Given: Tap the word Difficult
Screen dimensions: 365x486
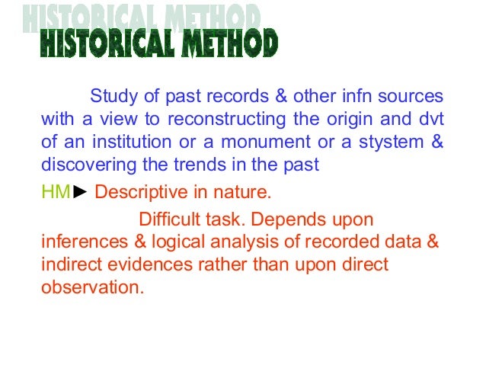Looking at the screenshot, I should pyautogui.click(x=170, y=220).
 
